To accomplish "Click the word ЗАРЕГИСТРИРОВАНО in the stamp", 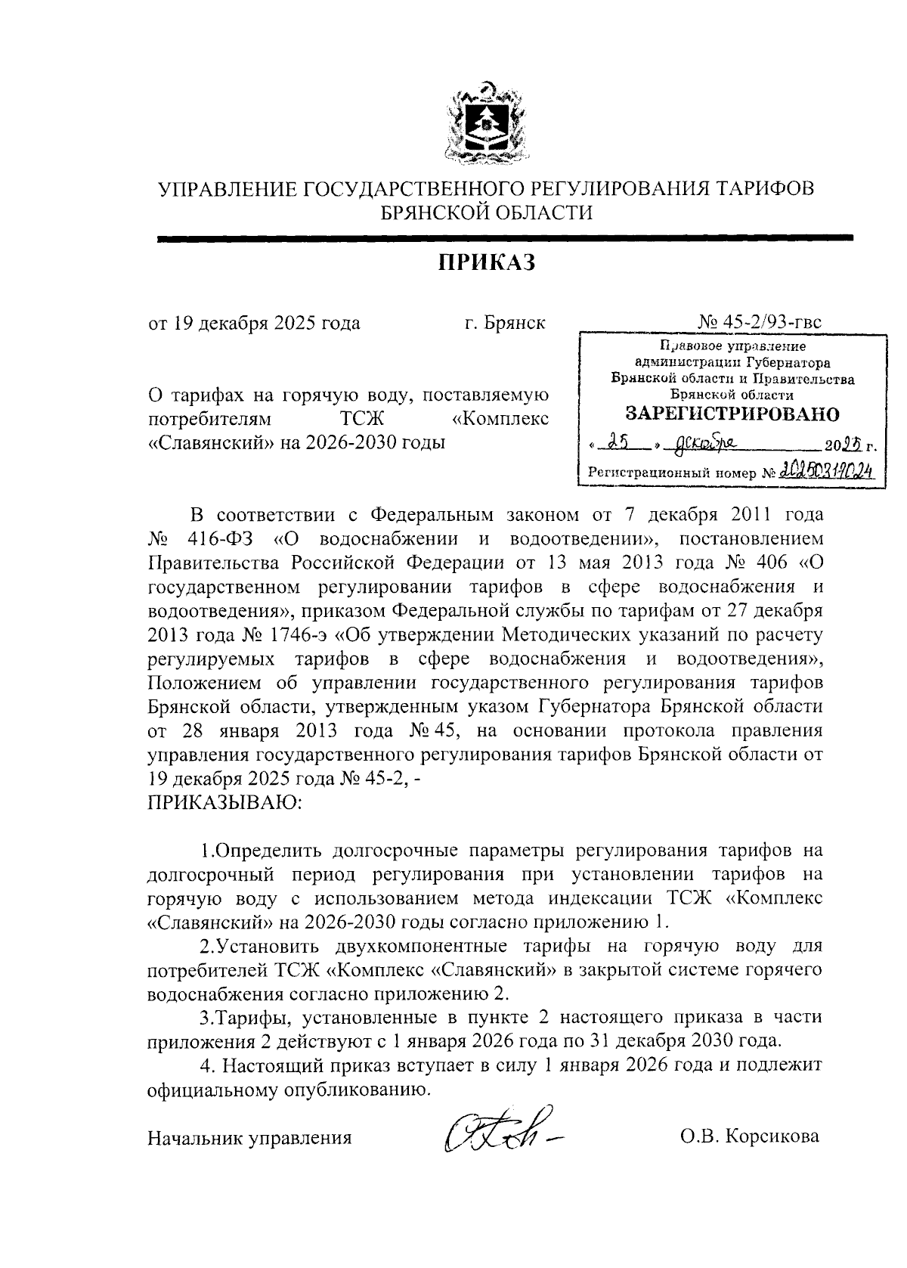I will coord(732,414).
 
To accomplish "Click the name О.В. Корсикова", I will coord(750,1136).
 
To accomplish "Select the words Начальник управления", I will coord(250,1137).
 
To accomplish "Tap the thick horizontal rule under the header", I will coord(504,237).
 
